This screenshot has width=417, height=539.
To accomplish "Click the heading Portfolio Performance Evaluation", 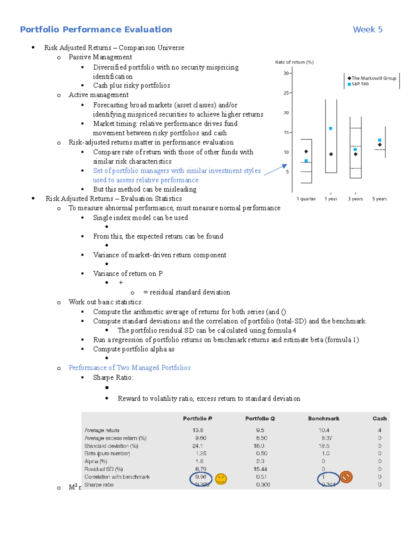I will [x=96, y=30].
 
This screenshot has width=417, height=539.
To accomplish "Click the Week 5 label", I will [x=367, y=30].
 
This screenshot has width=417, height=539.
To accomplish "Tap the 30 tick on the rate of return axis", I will [x=286, y=73].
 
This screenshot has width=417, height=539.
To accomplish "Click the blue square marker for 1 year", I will [x=330, y=128].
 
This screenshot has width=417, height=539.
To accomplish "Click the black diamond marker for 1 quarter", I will [x=306, y=151].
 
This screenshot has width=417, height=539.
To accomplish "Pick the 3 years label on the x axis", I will [x=355, y=199].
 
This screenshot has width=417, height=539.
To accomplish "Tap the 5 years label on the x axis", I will [x=379, y=199].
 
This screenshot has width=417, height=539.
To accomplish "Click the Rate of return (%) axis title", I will [x=294, y=62].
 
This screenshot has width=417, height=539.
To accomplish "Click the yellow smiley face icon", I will [x=221, y=479].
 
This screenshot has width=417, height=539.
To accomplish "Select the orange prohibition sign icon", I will [x=346, y=477].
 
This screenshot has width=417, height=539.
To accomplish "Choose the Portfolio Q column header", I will [x=260, y=419].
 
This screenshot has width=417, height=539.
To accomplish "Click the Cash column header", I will [x=379, y=419].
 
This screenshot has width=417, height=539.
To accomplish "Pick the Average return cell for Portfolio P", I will [x=198, y=430].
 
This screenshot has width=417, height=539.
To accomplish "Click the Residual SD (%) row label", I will [x=104, y=469].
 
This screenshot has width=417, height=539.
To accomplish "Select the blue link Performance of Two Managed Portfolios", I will [x=130, y=368].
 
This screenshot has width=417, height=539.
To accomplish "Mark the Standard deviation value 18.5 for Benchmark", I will [x=324, y=446].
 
